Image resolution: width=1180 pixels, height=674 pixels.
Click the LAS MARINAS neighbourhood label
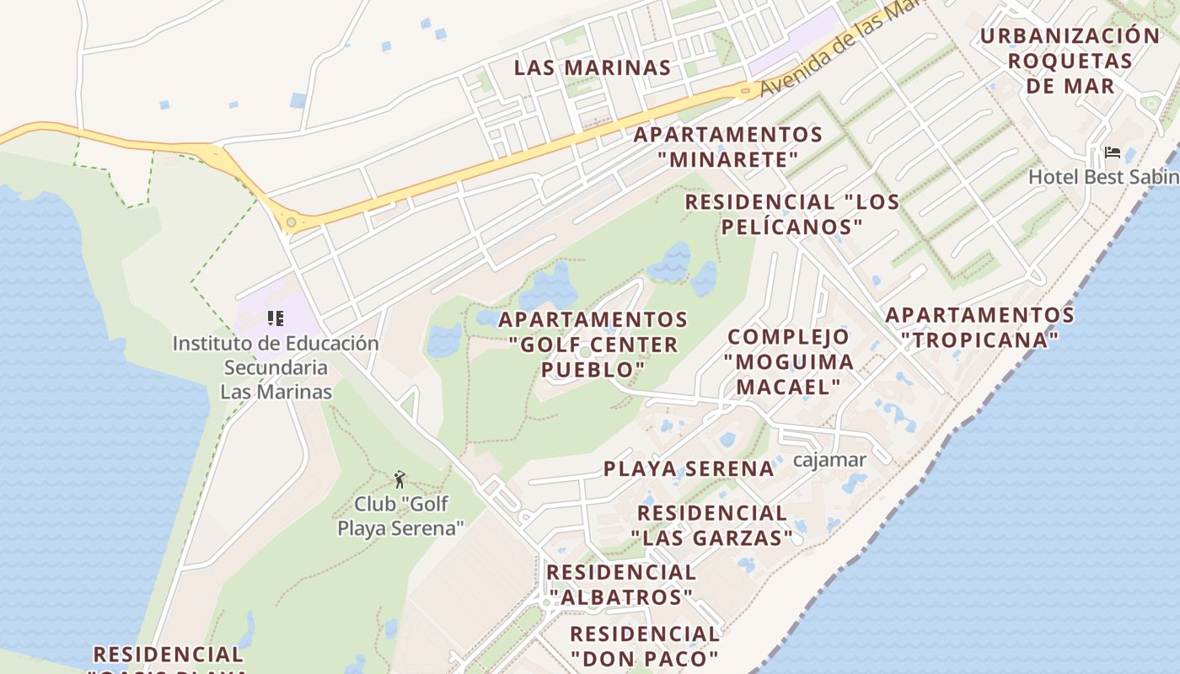[593, 67]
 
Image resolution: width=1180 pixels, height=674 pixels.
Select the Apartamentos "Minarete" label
[728, 147]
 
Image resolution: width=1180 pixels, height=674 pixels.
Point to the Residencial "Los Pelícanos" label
[791, 214]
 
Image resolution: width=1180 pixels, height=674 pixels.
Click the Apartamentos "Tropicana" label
[979, 327]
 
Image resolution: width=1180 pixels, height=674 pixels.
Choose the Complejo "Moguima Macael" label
[789, 361]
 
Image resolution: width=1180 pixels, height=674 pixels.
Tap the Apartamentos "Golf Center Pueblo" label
[593, 344]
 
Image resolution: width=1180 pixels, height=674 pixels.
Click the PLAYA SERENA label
[689, 469]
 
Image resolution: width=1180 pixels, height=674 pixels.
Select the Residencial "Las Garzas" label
[712, 525]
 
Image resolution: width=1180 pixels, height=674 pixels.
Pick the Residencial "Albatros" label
[620, 584]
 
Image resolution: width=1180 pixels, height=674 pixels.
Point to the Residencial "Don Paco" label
[645, 645]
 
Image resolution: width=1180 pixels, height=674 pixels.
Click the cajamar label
[829, 460]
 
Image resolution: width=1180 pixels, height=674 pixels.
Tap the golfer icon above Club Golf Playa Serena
[400, 479]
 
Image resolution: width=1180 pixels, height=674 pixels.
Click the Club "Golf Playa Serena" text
[401, 516]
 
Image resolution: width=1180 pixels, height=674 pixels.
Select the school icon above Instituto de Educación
[275, 318]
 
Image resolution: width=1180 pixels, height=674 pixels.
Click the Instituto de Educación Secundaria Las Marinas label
[276, 367]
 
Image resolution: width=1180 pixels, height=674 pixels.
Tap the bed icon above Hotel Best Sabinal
[1113, 152]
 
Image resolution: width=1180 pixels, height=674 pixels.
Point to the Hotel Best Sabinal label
[1103, 177]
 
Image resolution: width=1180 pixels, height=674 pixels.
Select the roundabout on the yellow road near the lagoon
[292, 222]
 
